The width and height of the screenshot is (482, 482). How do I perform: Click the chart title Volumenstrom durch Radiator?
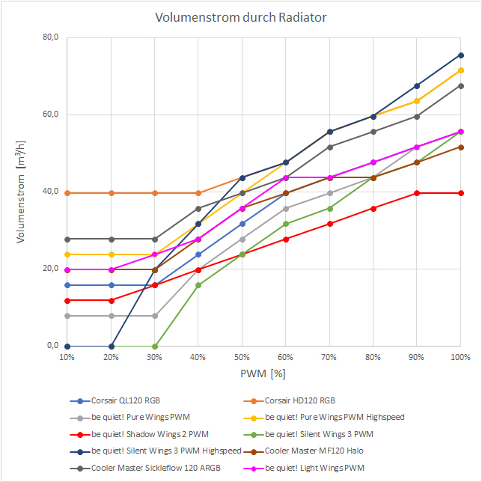pyautogui.click(x=240, y=17)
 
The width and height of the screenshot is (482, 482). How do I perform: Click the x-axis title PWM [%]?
pyautogui.click(x=263, y=373)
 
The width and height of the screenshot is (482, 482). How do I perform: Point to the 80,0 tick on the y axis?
pyautogui.click(x=49, y=37)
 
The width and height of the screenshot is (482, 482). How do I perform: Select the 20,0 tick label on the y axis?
pyautogui.click(x=49, y=269)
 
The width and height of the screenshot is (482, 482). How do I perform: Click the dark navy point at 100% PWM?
pyautogui.click(x=461, y=55)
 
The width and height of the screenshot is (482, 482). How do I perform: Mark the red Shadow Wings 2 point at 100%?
pyautogui.click(x=461, y=193)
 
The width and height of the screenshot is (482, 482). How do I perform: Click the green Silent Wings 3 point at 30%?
pyautogui.click(x=155, y=347)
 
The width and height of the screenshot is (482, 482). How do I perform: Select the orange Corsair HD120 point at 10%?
pyautogui.click(x=67, y=193)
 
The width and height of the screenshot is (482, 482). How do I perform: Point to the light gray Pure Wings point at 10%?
pyautogui.click(x=67, y=316)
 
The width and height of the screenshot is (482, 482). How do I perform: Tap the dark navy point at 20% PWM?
pyautogui.click(x=111, y=347)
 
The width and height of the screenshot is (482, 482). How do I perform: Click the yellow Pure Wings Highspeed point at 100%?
pyautogui.click(x=461, y=70)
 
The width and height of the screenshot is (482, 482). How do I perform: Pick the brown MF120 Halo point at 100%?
pyautogui.click(x=461, y=147)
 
